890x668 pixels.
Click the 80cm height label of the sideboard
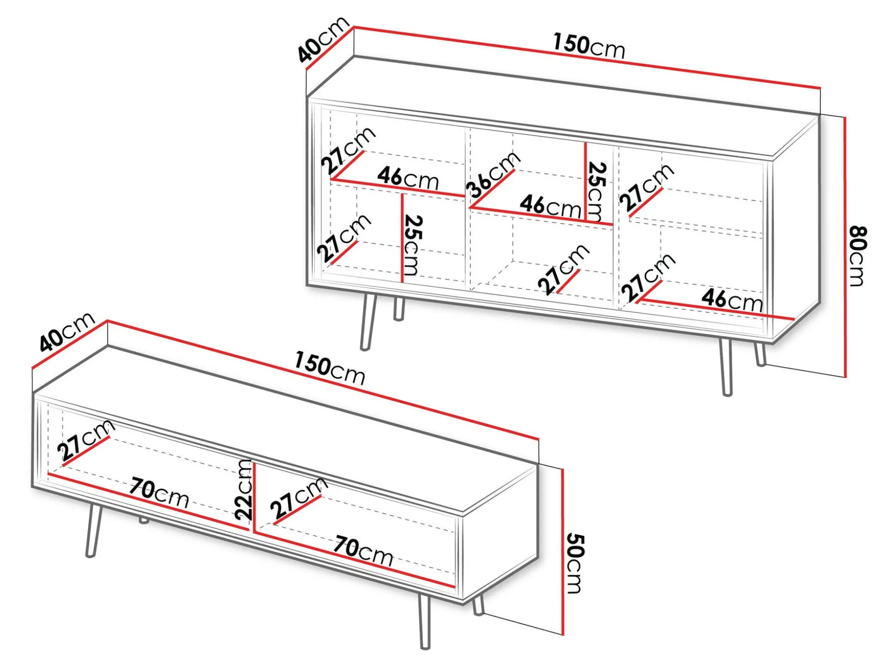click(x=857, y=256)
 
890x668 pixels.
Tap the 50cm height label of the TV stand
click(x=575, y=563)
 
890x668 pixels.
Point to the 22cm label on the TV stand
click(x=244, y=490)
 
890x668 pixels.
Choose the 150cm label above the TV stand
click(x=330, y=368)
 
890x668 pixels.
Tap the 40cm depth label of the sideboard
click(x=324, y=39)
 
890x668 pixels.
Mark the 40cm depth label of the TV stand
click(x=67, y=331)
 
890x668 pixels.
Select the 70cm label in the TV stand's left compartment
click(x=159, y=493)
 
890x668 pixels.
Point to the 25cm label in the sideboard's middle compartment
click(x=596, y=191)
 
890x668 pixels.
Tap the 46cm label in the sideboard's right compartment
click(x=732, y=299)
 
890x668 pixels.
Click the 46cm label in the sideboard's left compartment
click(x=408, y=178)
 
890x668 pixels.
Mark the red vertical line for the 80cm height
click(x=845, y=247)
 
